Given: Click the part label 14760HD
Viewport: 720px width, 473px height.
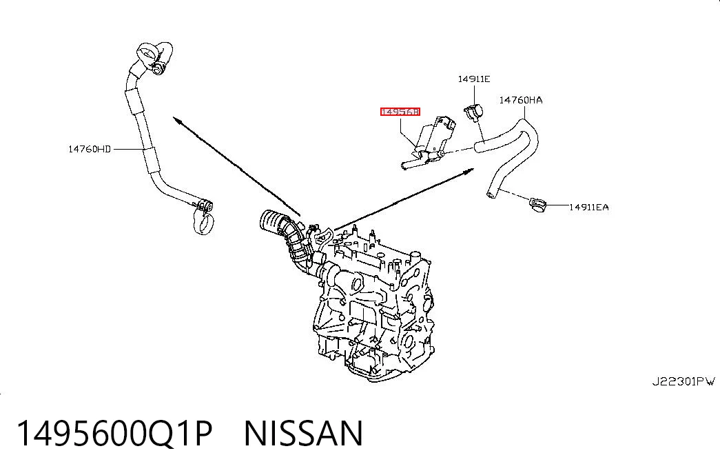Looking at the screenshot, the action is point(90,149).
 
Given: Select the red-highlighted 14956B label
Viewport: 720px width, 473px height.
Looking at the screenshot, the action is point(400,112).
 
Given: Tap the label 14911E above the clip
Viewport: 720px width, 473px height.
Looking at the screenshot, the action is point(474,79).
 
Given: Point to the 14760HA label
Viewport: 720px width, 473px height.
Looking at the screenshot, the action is point(521,100).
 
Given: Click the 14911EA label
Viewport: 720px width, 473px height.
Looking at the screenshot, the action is point(588,208).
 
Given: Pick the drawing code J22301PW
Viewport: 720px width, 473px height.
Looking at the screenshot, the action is point(683,381).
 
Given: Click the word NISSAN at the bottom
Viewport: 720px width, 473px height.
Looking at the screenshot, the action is point(304,434).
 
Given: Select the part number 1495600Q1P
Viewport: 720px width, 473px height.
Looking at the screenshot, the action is point(115,434).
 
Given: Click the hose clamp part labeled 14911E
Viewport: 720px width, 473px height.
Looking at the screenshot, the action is point(474,112).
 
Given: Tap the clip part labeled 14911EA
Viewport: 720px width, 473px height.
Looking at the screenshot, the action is point(537,205).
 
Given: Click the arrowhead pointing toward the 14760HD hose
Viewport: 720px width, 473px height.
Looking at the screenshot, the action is point(177,119).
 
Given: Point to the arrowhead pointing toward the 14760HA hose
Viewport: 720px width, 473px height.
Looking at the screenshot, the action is point(469,171).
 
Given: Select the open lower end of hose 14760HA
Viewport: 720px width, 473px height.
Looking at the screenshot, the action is point(491,195).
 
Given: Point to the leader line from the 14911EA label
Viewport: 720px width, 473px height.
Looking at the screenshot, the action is point(557,205).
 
